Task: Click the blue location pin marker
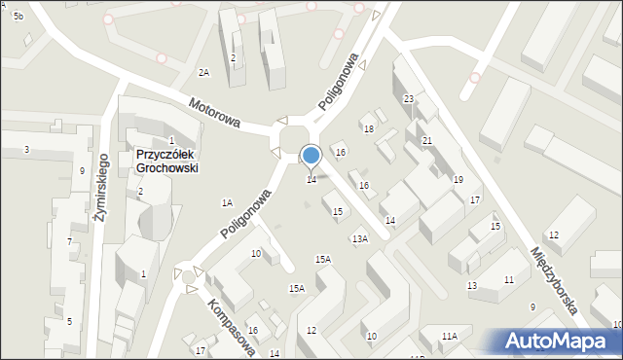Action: click(311, 156)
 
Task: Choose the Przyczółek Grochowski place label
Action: click(167, 161)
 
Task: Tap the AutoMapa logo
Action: click(561, 341)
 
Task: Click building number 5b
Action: click(18, 18)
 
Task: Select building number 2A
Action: click(203, 73)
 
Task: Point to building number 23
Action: click(409, 99)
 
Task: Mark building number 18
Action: click(369, 129)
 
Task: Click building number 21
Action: click(426, 141)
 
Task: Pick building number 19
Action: click(458, 180)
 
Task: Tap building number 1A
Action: click(227, 203)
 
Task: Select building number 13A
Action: click(359, 239)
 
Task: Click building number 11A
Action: click(449, 336)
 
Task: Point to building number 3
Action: click(26, 149)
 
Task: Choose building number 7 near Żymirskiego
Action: click(69, 241)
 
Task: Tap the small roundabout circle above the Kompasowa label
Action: click(189, 277)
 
